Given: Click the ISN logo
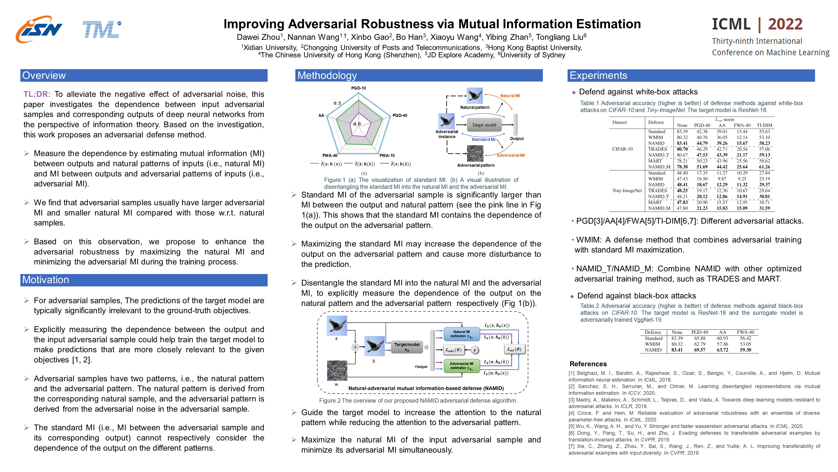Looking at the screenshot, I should (x=39, y=29).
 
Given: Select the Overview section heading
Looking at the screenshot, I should (x=44, y=76).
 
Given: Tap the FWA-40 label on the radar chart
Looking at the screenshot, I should (x=330, y=155).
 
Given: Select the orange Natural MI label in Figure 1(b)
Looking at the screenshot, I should (x=510, y=96).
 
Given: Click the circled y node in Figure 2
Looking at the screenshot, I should (x=475, y=350).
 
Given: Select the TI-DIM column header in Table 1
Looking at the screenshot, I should (x=764, y=125).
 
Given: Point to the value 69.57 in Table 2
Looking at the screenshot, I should (x=699, y=350).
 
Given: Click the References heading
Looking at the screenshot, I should (x=588, y=364).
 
